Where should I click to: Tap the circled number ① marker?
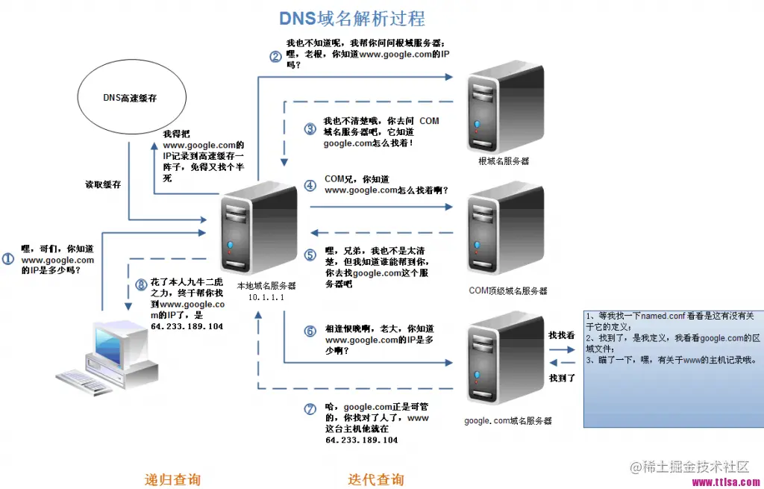[9, 259]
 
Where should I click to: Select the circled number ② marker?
[275, 55]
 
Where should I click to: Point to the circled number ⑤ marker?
[310, 255]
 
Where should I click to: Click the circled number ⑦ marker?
[310, 408]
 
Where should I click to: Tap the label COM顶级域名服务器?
[507, 290]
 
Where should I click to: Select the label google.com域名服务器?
[507, 421]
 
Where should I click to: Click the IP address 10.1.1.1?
[266, 297]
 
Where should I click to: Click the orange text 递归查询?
[172, 479]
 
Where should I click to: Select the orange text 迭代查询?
[376, 479]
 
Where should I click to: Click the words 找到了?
[562, 379]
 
